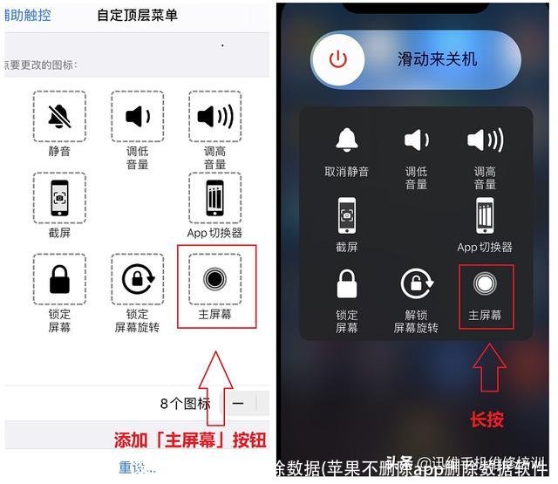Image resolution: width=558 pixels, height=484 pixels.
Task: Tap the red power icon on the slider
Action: (x=338, y=59)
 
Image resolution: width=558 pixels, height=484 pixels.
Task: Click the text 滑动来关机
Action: (x=437, y=59)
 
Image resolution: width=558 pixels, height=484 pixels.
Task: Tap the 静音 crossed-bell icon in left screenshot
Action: (x=59, y=117)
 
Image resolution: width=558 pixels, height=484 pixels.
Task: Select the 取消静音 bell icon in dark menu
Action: (x=346, y=140)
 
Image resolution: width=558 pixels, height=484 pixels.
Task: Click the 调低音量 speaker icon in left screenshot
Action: (x=138, y=117)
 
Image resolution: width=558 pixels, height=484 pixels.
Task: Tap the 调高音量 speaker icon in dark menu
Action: (x=485, y=140)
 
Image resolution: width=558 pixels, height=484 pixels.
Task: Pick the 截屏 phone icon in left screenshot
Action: (x=59, y=197)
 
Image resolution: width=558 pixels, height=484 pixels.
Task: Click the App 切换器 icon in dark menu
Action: (x=485, y=215)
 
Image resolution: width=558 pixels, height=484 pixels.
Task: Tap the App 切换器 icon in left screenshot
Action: (x=214, y=197)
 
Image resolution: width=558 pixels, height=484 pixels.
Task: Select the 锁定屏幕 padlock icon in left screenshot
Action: (x=59, y=278)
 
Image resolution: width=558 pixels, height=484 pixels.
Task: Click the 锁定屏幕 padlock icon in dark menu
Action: (x=346, y=289)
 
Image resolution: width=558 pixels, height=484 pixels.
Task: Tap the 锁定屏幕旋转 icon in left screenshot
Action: (x=138, y=278)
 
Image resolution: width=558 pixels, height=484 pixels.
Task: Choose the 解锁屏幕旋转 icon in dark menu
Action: (x=416, y=289)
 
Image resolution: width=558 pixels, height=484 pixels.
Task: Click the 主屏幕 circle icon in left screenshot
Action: (x=214, y=277)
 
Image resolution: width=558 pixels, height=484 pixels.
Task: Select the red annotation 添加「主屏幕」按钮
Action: (x=190, y=440)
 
